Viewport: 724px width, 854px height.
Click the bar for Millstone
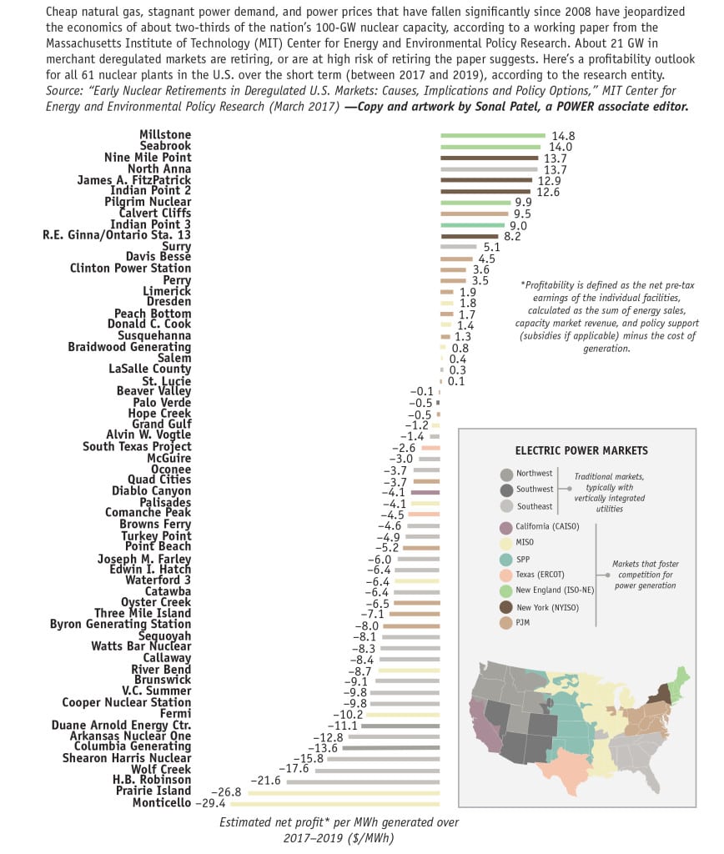tap(492, 135)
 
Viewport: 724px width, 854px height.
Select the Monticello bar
tap(334, 803)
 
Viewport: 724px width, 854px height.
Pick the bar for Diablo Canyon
tap(425, 492)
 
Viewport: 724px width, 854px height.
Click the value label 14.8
tap(562, 135)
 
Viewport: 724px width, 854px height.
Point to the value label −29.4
tap(211, 803)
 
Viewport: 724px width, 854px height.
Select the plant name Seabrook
tap(165, 146)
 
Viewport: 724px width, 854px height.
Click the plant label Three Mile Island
tap(143, 613)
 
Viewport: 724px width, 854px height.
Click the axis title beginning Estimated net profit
tap(339, 829)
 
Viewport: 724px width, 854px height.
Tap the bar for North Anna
tap(490, 168)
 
